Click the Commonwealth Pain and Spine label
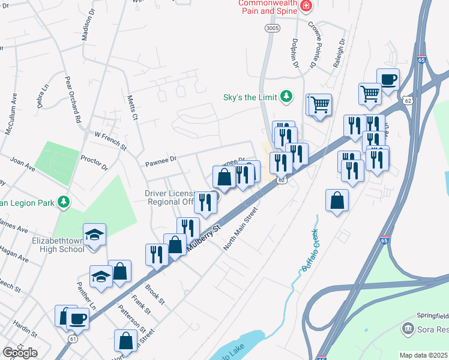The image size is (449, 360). click(268, 7)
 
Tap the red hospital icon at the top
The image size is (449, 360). click(307, 6)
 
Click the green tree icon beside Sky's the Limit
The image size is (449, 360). click(287, 97)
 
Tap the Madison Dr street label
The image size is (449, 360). click(86, 28)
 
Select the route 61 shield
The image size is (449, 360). click(73, 338)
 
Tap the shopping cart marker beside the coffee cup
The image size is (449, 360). click(370, 93)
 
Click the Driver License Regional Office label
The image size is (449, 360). click(170, 197)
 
